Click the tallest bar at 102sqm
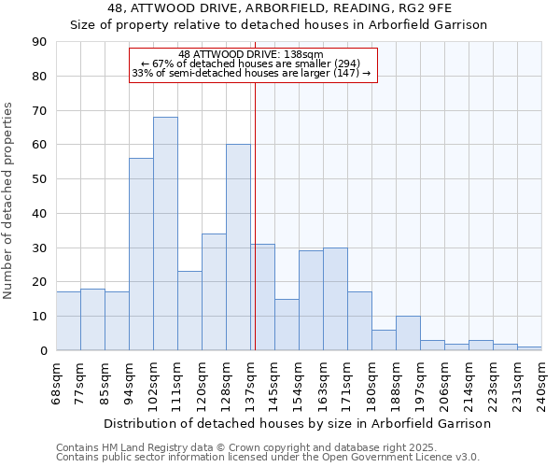pos(165,233)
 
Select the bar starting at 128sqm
pos(238,248)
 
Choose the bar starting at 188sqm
pos(408,333)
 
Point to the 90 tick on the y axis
pos(39,42)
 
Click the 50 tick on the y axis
pos(39,179)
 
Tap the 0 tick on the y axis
pos(43,350)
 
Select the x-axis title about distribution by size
pos(297,423)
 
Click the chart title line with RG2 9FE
pos(278,7)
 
